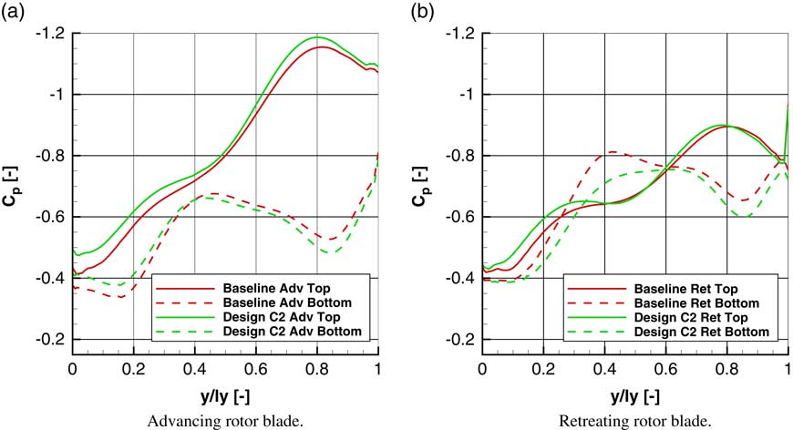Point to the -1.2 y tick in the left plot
[52, 33]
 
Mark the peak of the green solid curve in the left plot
[318, 37]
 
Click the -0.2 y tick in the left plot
[52, 339]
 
